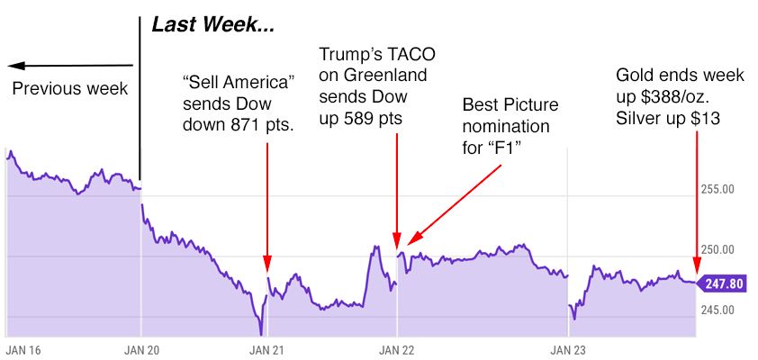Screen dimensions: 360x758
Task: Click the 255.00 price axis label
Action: (717, 189)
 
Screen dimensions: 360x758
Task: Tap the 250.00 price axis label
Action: (717, 249)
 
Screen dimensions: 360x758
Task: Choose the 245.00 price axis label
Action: (717, 310)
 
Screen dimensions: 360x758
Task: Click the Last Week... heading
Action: (213, 26)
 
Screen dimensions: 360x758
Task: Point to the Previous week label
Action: (70, 89)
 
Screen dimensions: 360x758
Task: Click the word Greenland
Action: (384, 75)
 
